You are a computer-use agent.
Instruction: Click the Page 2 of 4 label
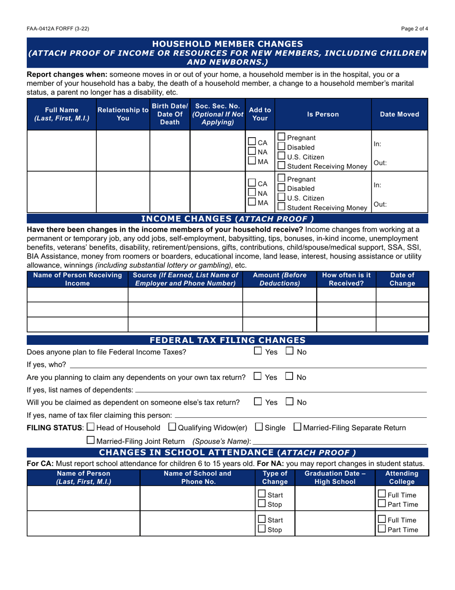click(415, 29)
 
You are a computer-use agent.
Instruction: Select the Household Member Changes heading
click(227, 44)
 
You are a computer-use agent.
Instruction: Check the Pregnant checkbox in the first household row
click(282, 137)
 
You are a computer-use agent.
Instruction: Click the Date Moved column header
click(399, 115)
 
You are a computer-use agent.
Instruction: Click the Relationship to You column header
click(123, 115)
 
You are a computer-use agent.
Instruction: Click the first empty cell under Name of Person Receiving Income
click(78, 294)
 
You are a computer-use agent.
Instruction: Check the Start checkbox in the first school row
click(262, 494)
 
